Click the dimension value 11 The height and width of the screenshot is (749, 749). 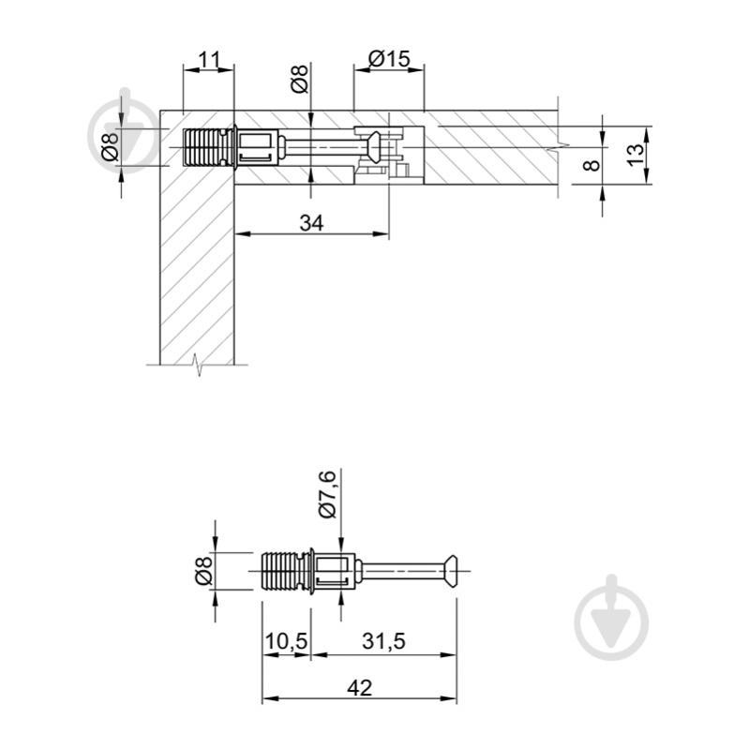(x=209, y=60)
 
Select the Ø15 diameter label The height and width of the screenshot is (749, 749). (x=389, y=59)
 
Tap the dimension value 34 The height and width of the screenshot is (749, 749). (x=311, y=223)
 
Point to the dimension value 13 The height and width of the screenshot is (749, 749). (x=636, y=155)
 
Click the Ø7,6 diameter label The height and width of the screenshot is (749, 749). (x=328, y=494)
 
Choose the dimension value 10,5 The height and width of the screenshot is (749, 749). (x=286, y=641)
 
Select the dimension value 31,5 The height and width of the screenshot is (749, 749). (x=383, y=641)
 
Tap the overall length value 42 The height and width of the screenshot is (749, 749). (x=359, y=688)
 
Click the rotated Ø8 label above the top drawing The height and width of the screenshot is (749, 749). (x=300, y=80)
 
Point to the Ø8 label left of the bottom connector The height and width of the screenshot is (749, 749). (x=203, y=571)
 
